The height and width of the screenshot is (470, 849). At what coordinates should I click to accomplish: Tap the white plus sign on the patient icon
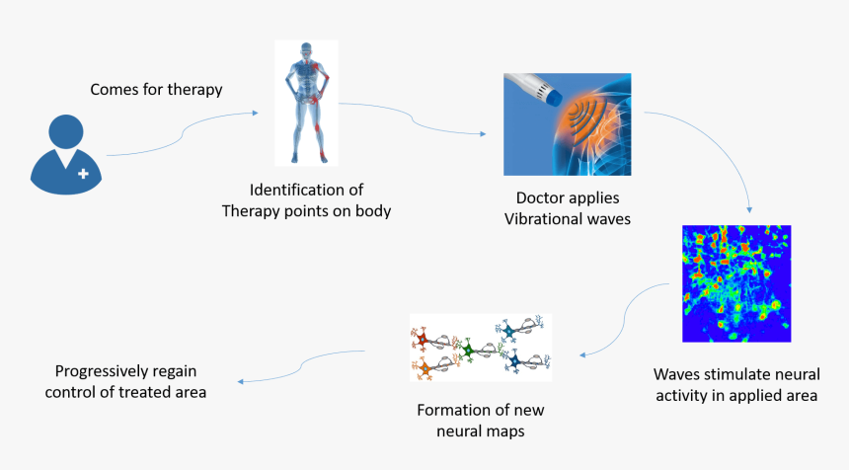coord(82,173)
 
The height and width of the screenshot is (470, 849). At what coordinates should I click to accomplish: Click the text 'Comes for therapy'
coord(156,90)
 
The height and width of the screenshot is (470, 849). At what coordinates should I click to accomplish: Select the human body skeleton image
coord(306,103)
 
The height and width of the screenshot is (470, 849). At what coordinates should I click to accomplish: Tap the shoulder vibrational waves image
coord(567,124)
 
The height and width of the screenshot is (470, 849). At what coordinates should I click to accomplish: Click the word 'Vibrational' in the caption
coord(539,218)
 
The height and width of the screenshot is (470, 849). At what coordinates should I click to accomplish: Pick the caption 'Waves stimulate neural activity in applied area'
coord(735,385)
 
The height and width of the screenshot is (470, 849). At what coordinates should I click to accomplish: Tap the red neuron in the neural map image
coord(423,341)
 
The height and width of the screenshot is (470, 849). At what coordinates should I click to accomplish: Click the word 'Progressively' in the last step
coord(101,372)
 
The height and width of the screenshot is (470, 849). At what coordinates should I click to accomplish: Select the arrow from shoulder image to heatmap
coord(721,148)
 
